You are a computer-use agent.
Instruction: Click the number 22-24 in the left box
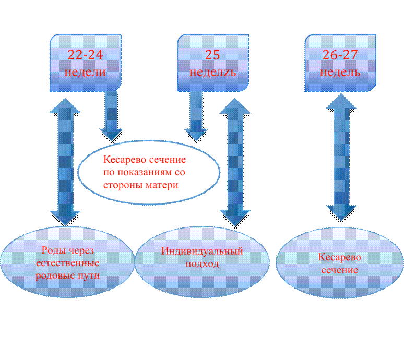pyautogui.click(x=85, y=55)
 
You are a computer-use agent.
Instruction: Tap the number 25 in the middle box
pyautogui.click(x=212, y=55)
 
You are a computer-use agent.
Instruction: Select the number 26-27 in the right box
pyautogui.click(x=340, y=55)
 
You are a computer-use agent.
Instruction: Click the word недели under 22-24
pyautogui.click(x=85, y=72)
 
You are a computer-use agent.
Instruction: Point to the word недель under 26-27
pyautogui.click(x=340, y=72)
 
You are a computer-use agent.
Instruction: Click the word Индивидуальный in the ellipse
pyautogui.click(x=202, y=251)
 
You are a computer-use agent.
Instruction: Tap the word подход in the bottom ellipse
pyautogui.click(x=202, y=263)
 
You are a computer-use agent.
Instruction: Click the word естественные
pyautogui.click(x=67, y=263)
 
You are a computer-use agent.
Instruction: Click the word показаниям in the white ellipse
pyautogui.click(x=144, y=172)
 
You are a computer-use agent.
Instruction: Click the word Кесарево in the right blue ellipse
pyautogui.click(x=340, y=257)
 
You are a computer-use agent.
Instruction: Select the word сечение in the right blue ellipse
pyautogui.click(x=340, y=270)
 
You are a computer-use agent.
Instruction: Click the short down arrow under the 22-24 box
pyautogui.click(x=111, y=116)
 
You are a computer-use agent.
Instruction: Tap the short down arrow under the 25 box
pyautogui.click(x=196, y=116)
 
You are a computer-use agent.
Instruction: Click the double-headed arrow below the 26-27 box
pyautogui.click(x=341, y=158)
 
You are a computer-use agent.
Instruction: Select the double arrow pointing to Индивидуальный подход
pyautogui.click(x=235, y=162)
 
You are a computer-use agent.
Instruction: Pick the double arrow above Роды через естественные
pyautogui.click(x=65, y=162)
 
